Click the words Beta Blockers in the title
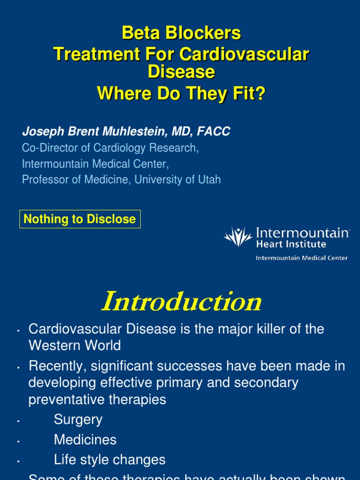click(181, 33)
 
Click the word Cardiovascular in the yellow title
click(244, 54)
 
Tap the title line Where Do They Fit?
click(181, 93)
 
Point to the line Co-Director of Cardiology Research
click(110, 148)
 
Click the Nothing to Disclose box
click(80, 219)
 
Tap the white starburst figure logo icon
click(238, 237)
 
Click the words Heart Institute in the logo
click(291, 244)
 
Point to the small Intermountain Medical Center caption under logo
click(301, 258)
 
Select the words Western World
click(75, 345)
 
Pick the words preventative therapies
click(97, 399)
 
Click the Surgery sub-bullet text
click(78, 420)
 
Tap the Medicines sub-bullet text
click(85, 440)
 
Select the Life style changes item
click(110, 460)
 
